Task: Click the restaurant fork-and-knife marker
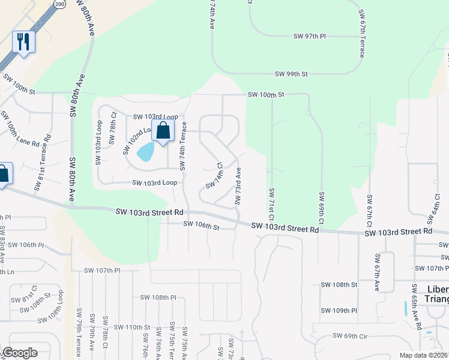tap(23, 42)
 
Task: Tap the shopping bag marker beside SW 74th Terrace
tap(163, 131)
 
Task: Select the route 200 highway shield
tap(59, 4)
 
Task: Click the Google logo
tap(20, 353)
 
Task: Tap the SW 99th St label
tap(291, 74)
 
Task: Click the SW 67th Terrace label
tap(361, 33)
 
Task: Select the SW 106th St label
tap(202, 226)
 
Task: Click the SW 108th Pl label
tap(158, 297)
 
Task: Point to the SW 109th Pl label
tap(339, 310)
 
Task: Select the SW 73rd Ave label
tap(238, 186)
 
